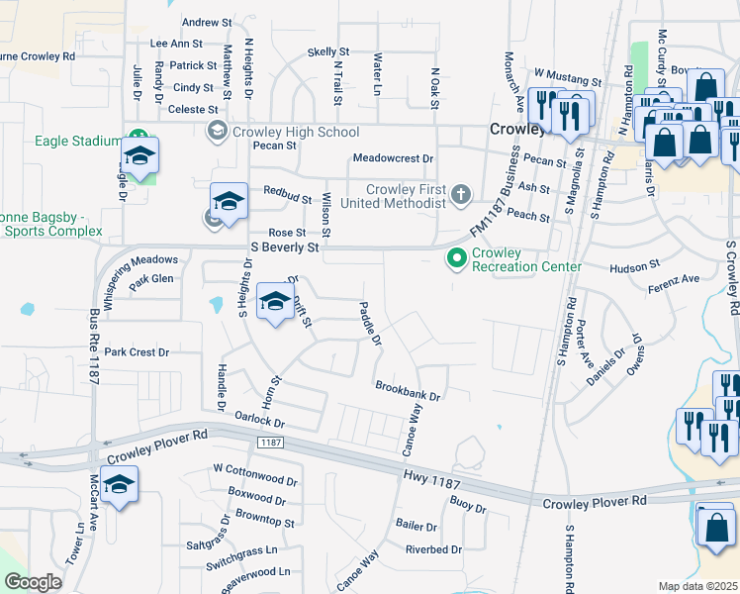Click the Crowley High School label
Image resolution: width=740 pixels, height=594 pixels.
click(295, 132)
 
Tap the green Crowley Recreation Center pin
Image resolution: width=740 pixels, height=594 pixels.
click(456, 259)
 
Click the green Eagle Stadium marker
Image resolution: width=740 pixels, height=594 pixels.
click(139, 141)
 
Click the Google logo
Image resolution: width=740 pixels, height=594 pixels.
click(33, 582)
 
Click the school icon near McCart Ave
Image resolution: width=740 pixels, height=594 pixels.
click(119, 485)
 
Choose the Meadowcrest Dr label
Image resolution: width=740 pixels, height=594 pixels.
click(394, 158)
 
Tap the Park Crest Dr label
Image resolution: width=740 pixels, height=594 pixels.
click(138, 352)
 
